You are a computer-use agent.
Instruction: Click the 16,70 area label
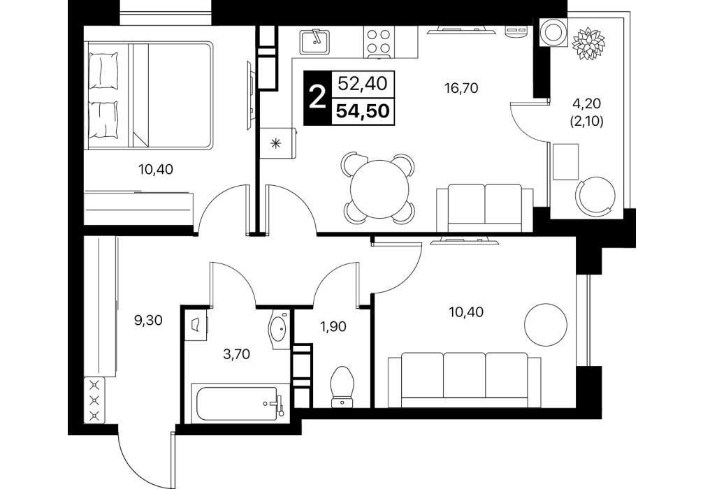click(x=461, y=88)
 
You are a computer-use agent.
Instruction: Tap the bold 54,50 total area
click(x=363, y=111)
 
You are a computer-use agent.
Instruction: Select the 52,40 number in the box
click(x=362, y=83)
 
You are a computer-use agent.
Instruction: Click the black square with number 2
click(x=317, y=98)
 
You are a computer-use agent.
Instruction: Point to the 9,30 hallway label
click(x=148, y=321)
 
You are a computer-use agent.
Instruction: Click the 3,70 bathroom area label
click(x=236, y=355)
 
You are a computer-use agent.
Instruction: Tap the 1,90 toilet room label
click(x=333, y=327)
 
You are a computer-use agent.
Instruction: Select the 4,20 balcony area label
click(x=586, y=103)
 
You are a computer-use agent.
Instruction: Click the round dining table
click(x=380, y=188)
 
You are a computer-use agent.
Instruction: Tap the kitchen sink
click(x=314, y=41)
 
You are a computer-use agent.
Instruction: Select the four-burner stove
click(x=379, y=42)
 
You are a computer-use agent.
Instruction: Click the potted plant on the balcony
click(x=588, y=43)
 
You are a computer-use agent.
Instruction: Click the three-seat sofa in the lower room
click(x=464, y=379)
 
